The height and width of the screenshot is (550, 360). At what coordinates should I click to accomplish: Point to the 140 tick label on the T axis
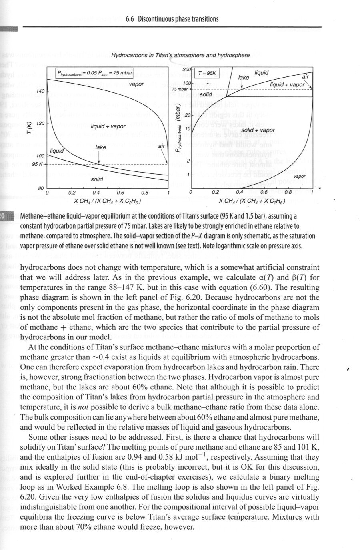point(40,91)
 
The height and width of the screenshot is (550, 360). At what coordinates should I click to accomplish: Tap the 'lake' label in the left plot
point(101,147)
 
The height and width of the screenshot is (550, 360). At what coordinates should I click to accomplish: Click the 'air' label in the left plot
point(161,147)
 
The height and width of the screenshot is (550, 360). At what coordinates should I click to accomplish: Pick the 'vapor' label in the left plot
point(136,84)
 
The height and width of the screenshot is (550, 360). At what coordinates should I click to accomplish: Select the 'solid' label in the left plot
point(97,179)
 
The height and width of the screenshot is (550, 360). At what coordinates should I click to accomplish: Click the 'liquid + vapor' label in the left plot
point(108,126)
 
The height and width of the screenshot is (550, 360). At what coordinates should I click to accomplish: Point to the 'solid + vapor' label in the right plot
point(258,130)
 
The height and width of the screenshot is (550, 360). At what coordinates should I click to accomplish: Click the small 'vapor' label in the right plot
point(299,176)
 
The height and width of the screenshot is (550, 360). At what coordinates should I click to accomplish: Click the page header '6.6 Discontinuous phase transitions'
point(172,19)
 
